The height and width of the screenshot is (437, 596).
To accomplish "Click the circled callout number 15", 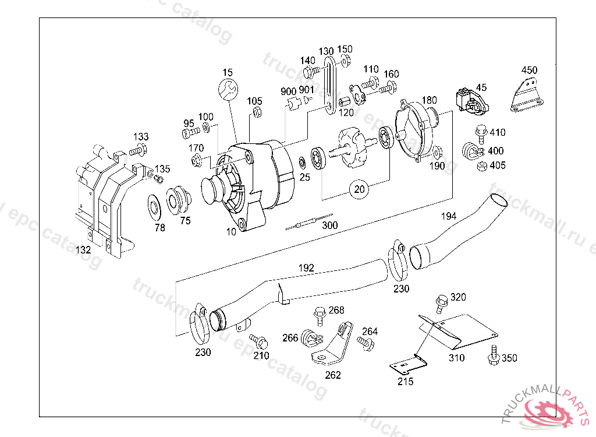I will click(x=228, y=72).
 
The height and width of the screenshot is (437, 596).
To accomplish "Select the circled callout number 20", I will click(x=360, y=188).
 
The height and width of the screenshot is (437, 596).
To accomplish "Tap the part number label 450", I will click(x=529, y=70).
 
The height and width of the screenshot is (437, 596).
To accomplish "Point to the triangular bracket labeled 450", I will click(x=527, y=97).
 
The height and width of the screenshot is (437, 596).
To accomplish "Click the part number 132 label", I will click(x=84, y=251).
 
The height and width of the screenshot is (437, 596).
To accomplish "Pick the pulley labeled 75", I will click(x=178, y=200).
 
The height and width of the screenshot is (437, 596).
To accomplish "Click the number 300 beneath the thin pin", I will click(x=330, y=225).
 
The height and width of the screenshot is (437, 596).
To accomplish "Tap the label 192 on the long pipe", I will click(x=306, y=268).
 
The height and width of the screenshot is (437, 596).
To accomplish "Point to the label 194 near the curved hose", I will click(x=448, y=216).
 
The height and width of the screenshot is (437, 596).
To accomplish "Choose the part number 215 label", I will click(x=405, y=382).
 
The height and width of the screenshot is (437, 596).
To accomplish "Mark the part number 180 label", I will click(x=429, y=100).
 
